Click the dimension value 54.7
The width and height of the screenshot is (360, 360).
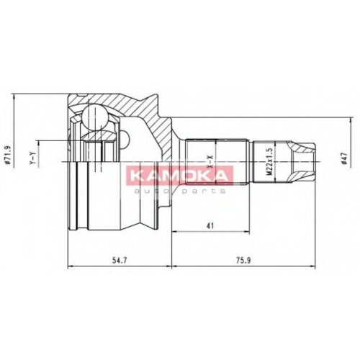pos(120,261)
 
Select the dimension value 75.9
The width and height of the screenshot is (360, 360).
pos(244,261)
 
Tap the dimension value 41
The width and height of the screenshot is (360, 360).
pos(210,226)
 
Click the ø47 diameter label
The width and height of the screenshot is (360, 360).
pos(344,158)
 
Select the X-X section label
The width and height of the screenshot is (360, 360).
pos(210,161)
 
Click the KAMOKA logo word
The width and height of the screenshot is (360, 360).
pos(179,176)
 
